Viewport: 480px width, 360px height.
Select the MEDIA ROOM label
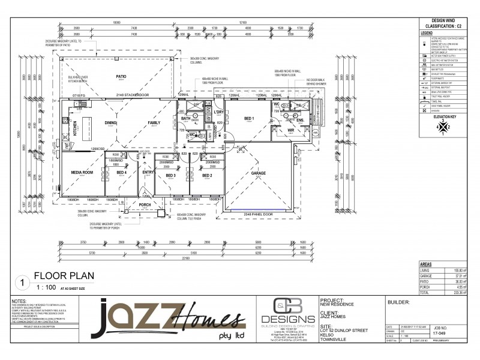83,172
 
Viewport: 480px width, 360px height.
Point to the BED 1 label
248,119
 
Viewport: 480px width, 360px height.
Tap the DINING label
110,122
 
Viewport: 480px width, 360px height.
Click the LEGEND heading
427,33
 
